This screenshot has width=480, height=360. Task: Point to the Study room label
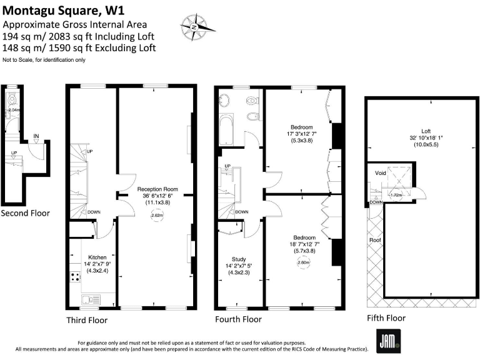click(x=239, y=259)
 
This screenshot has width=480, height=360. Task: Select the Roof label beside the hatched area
click(x=375, y=240)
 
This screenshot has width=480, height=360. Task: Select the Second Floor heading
click(x=25, y=213)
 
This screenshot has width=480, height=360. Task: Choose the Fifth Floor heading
click(x=386, y=318)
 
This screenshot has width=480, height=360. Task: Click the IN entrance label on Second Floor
click(x=36, y=136)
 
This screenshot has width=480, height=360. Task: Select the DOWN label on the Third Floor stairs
click(x=94, y=212)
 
